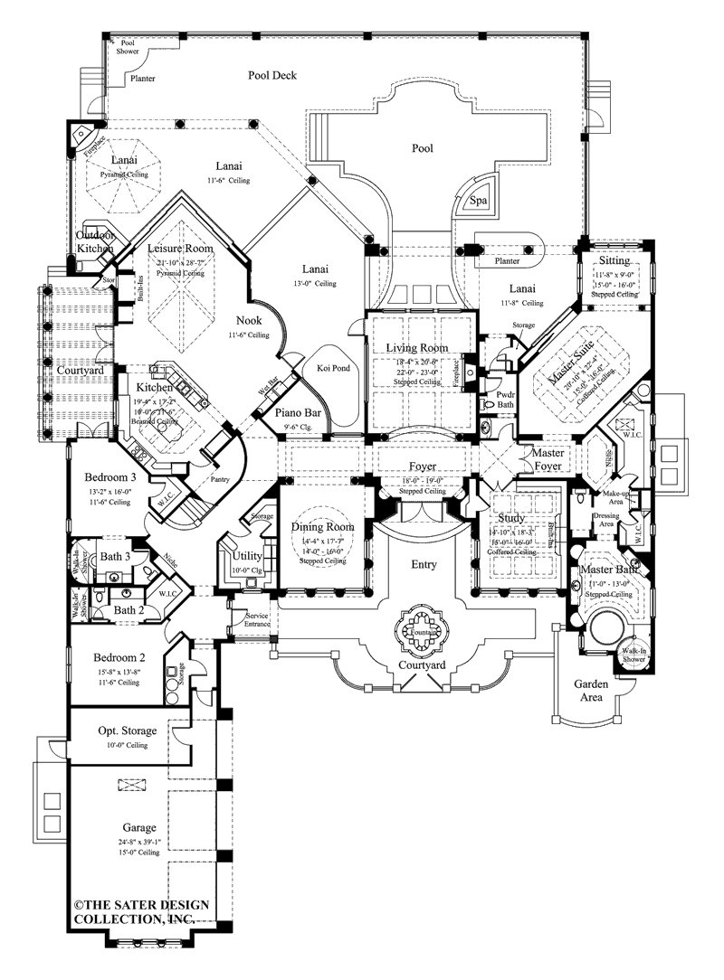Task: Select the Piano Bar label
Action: point(294,414)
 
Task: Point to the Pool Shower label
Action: point(128,47)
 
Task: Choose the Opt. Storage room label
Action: point(127,730)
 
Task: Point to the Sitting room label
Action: point(615,259)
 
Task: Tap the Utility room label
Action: point(247,555)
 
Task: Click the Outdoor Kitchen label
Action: point(95,240)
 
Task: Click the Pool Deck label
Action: point(272,76)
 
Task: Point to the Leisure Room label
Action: point(181,248)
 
